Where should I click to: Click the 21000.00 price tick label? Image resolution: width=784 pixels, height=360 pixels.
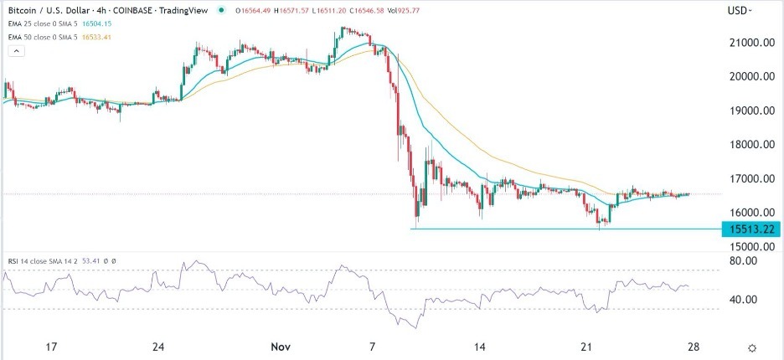pos(749,42)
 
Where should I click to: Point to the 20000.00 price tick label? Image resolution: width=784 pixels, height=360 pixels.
pos(749,76)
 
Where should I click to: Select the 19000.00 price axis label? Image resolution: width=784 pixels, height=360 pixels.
pos(749,111)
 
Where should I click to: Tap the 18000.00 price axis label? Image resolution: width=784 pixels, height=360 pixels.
pos(749,145)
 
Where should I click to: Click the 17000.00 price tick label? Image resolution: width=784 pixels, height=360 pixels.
pos(749,179)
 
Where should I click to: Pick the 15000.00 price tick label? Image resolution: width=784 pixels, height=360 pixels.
pos(749,247)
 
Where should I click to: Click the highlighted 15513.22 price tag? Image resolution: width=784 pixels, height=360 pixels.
pos(750,229)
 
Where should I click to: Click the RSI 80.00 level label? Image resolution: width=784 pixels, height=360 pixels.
pos(744,261)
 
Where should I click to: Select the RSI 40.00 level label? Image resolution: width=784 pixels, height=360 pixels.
pos(744,300)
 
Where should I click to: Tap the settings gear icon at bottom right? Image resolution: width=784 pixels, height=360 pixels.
pos(752,347)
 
